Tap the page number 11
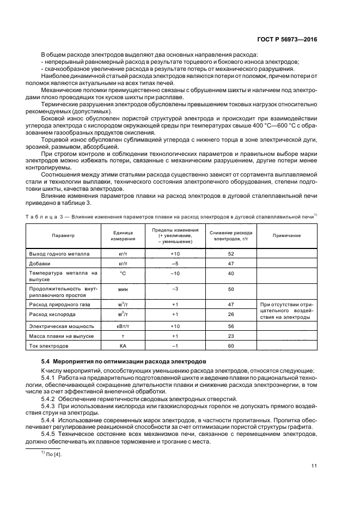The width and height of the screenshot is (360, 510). click(x=314, y=465)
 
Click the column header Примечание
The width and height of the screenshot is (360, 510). click(x=286, y=235)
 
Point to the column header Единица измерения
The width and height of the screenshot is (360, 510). click(x=123, y=235)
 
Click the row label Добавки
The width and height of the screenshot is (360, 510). click(x=40, y=263)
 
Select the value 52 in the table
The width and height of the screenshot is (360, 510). click(x=231, y=254)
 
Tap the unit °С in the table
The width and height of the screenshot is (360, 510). click(x=123, y=273)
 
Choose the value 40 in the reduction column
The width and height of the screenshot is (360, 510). click(x=231, y=273)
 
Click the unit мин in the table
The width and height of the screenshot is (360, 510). click(x=123, y=290)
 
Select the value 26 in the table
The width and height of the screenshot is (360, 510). click(x=231, y=314)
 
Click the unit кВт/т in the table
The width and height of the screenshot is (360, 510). click(x=123, y=326)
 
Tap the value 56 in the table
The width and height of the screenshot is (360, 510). click(x=231, y=326)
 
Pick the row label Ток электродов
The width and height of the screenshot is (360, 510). click(x=50, y=345)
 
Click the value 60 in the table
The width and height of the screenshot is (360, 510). click(x=231, y=345)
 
